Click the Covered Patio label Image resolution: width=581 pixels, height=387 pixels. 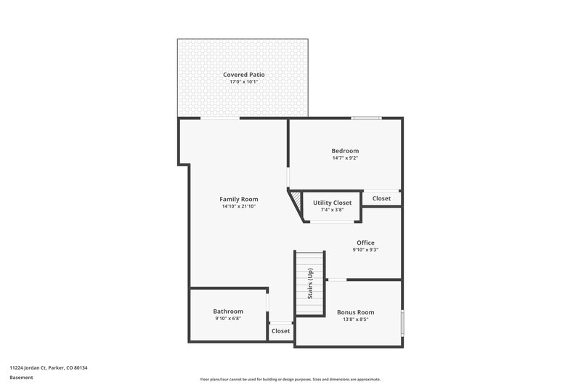[x=243, y=75]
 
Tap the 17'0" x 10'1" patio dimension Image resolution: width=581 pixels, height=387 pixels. [x=243, y=82]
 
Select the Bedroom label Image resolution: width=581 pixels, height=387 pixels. [x=345, y=151]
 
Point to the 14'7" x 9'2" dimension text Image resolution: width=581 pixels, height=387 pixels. [x=345, y=158]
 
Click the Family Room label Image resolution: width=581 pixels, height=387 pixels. [x=239, y=199]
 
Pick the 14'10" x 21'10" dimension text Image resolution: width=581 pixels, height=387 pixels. [x=239, y=206]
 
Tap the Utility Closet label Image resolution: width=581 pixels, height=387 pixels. [x=332, y=203]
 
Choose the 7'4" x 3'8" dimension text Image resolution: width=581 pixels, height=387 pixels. [x=332, y=211]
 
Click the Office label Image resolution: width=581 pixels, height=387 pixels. [x=365, y=243]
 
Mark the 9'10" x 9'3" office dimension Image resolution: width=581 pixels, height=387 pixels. [x=365, y=250]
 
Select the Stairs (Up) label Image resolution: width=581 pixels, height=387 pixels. [x=310, y=284]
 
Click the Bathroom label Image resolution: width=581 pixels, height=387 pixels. [x=228, y=311]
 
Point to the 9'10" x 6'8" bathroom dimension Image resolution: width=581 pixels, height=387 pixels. [x=228, y=318]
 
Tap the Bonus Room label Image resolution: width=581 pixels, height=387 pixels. [x=355, y=311]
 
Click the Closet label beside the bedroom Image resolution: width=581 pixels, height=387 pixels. [x=381, y=198]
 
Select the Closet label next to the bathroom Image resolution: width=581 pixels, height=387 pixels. [x=280, y=331]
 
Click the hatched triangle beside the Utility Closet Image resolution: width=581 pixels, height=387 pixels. [x=296, y=197]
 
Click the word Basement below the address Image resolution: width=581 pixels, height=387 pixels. [x=22, y=378]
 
